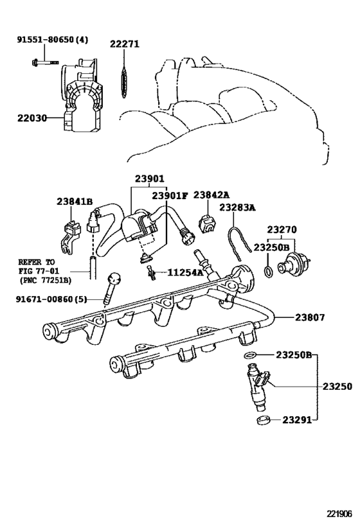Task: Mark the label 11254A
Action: coord(186,272)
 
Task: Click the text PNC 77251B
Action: coord(44,280)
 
